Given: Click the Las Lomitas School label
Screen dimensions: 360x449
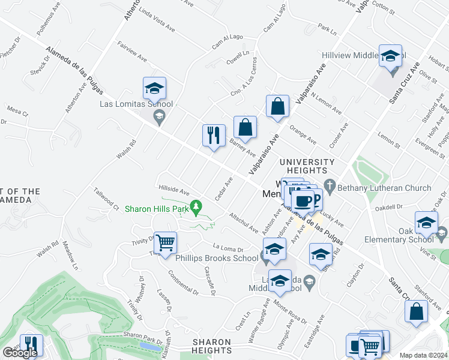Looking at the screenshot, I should (136, 104).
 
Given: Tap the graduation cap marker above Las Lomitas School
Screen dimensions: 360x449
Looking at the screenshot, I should (154, 89).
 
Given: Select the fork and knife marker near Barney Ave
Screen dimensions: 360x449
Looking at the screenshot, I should (214, 136).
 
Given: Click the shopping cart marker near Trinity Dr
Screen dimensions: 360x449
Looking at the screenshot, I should (165, 244).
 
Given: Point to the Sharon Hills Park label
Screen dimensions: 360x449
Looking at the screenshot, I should (156, 209).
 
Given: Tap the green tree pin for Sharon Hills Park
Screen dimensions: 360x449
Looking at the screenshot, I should (195, 208).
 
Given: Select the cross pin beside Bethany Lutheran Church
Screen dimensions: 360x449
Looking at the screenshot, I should (328, 184).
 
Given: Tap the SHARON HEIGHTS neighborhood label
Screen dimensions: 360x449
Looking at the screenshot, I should (212, 346).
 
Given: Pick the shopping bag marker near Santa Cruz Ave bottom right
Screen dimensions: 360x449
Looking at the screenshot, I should (417, 312).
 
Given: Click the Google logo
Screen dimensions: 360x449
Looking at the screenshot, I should (20, 353).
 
